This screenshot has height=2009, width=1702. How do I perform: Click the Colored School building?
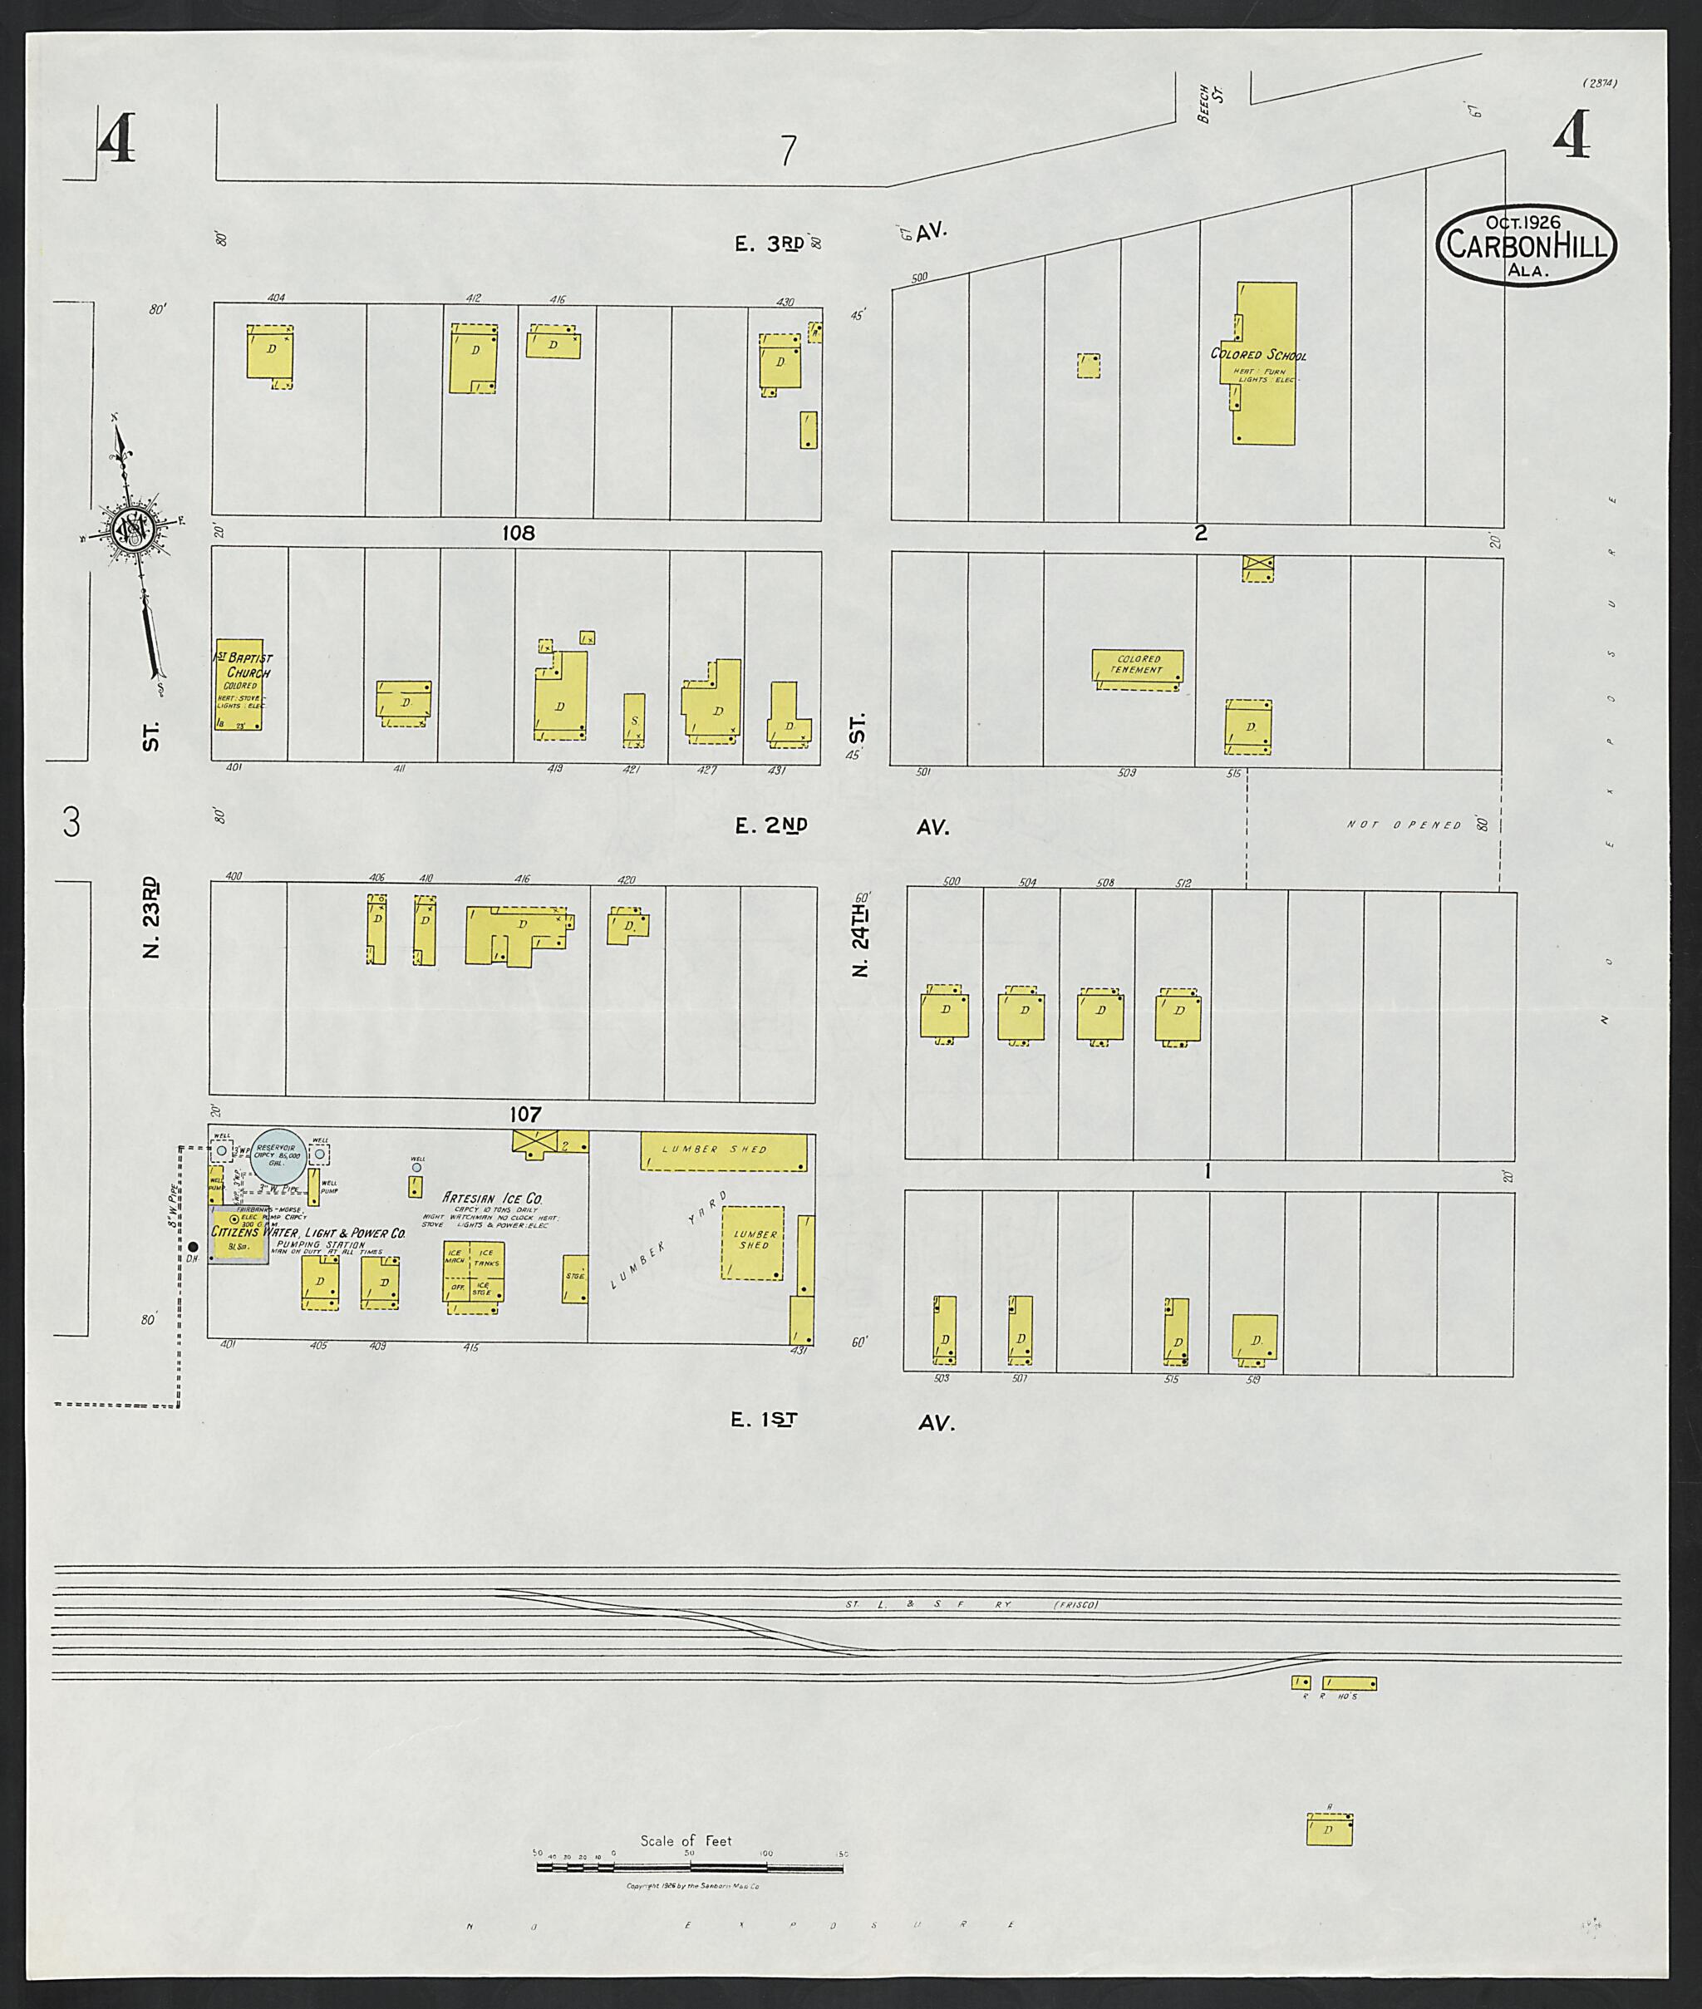(x=1265, y=364)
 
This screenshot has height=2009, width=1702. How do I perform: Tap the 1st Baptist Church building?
(x=239, y=683)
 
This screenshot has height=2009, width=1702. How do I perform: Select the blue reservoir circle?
(x=278, y=1152)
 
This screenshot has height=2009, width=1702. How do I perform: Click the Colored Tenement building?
(x=1138, y=667)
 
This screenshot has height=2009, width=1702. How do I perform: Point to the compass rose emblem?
(x=131, y=529)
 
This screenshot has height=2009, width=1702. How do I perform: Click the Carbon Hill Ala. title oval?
(x=1527, y=245)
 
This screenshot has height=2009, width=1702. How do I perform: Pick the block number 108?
(x=517, y=533)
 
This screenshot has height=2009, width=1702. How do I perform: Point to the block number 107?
(x=525, y=1115)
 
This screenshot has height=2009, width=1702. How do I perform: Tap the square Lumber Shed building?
(x=754, y=1243)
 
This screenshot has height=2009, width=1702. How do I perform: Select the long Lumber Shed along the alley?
(x=724, y=1151)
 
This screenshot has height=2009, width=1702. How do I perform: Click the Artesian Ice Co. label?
(x=492, y=1198)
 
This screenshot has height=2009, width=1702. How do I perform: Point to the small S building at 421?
(x=634, y=720)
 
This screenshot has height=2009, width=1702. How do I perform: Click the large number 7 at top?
(x=789, y=150)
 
